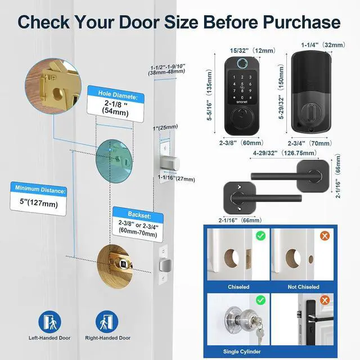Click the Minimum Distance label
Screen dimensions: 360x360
click(40, 189)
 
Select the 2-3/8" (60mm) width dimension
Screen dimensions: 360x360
click(240, 143)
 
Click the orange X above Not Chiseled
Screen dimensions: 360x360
click(325, 236)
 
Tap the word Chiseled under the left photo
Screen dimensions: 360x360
click(238, 287)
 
